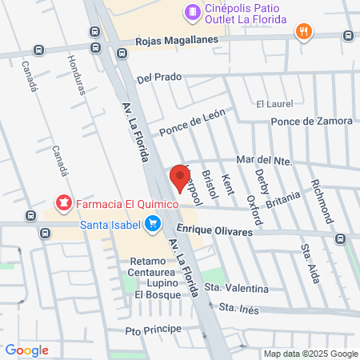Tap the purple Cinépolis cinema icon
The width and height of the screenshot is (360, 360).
pyautogui.click(x=192, y=11)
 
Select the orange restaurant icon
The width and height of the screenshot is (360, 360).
pyautogui.click(x=303, y=32)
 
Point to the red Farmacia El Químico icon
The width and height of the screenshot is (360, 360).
pyautogui.click(x=62, y=203)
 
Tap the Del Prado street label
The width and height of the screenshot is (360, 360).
pyautogui.click(x=160, y=78)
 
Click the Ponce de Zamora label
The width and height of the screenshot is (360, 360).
pyautogui.click(x=312, y=121)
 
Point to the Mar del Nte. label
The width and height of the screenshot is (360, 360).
pyautogui.click(x=263, y=161)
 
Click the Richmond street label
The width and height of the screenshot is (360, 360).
pyautogui.click(x=321, y=201)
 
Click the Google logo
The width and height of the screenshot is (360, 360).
pyautogui.click(x=26, y=350)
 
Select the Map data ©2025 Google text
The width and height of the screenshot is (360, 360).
pyautogui.click(x=310, y=354)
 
